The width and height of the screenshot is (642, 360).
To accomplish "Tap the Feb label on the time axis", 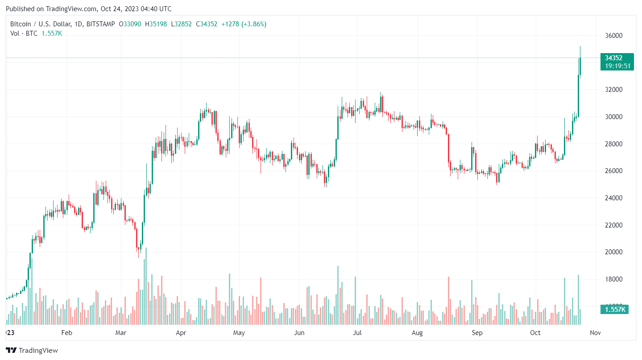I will [x=66, y=333].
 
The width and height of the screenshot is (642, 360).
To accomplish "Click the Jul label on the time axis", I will [x=357, y=333].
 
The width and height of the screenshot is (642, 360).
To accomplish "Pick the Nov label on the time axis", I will [x=595, y=333].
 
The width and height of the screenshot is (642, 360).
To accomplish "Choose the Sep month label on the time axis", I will [x=477, y=333].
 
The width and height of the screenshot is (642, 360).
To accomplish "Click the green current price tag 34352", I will [x=613, y=58].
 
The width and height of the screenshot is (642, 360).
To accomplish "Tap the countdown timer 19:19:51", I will [x=617, y=66].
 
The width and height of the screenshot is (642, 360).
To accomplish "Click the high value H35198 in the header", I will [x=156, y=24].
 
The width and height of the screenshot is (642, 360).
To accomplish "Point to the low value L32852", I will [x=181, y=24].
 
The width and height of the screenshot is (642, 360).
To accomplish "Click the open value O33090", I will [x=130, y=24].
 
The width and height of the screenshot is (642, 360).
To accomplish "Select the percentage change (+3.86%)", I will [x=254, y=24].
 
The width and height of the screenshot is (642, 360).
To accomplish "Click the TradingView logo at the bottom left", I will [x=32, y=351].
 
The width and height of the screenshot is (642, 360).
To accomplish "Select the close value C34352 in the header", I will [x=206, y=24].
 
